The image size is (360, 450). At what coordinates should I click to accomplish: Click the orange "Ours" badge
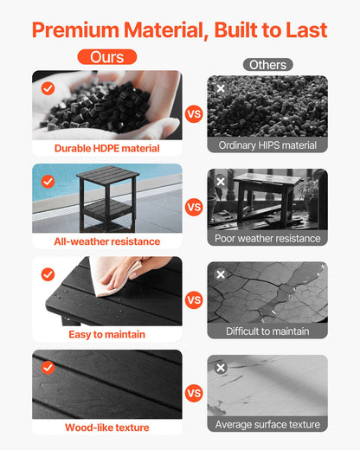click(x=107, y=57)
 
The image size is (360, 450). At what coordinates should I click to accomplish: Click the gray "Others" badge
click(x=267, y=65)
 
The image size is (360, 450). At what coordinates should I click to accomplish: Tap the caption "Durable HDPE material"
click(x=107, y=148)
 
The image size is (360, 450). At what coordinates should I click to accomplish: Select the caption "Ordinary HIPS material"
click(x=267, y=145)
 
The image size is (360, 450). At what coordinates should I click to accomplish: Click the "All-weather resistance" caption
click(x=107, y=241)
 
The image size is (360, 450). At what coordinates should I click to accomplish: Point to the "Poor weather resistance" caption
click(x=267, y=238)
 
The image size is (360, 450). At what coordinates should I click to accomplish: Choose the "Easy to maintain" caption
click(x=107, y=334)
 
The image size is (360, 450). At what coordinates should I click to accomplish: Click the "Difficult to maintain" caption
click(x=267, y=331)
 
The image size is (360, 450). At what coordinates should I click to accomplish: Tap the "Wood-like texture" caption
click(x=107, y=427)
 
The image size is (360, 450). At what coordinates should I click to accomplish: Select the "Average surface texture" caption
click(x=267, y=424)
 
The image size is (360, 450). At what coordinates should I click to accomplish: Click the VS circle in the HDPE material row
click(x=195, y=113)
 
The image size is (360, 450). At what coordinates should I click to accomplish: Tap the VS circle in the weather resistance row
click(x=195, y=207)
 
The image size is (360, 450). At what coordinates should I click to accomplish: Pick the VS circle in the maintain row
click(x=195, y=299)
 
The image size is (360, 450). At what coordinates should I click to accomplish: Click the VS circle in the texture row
click(x=195, y=392)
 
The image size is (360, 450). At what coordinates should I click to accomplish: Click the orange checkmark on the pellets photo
click(x=48, y=88)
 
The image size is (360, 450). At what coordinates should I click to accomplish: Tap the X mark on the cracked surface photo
click(x=221, y=274)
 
